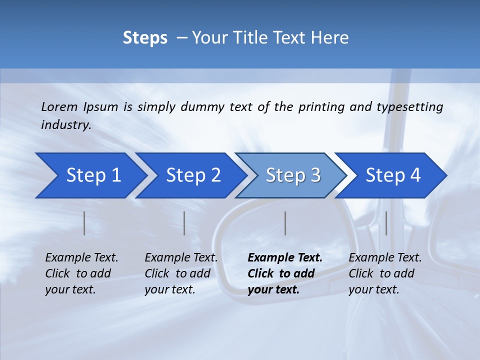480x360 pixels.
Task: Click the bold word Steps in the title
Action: (x=145, y=38)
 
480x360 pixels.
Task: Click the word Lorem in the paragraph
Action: (x=59, y=107)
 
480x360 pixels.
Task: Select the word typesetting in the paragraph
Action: (x=409, y=107)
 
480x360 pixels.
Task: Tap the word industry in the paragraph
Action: (x=66, y=124)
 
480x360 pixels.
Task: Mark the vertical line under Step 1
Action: (x=84, y=223)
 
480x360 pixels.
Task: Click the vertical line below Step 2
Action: (x=184, y=223)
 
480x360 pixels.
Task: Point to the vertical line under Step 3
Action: (x=285, y=223)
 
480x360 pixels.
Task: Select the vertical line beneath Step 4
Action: (x=386, y=223)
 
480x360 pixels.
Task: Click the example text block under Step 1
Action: (x=81, y=273)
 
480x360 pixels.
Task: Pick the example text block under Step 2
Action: (x=181, y=273)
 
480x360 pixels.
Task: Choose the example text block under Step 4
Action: (x=385, y=273)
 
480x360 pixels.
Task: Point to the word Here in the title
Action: (x=332, y=38)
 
